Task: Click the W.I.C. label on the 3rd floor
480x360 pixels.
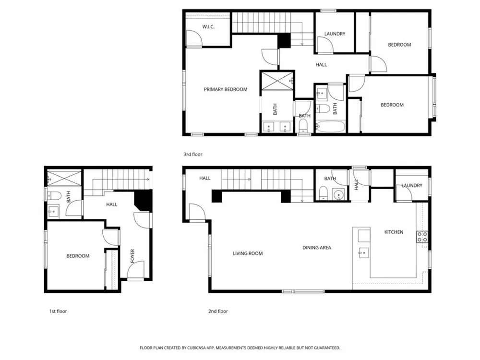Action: [208, 27]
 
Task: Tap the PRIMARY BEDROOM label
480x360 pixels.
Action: [226, 89]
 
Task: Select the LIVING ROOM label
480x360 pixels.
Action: [248, 253]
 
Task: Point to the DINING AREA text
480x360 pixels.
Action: [317, 248]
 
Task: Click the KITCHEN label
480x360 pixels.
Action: [394, 232]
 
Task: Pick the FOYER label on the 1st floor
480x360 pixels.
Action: [132, 256]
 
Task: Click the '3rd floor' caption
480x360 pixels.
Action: [193, 154]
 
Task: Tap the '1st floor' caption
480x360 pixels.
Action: [58, 311]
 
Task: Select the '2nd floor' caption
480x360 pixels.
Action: [218, 311]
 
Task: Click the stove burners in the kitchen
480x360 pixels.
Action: [422, 237]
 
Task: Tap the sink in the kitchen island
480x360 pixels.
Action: [363, 253]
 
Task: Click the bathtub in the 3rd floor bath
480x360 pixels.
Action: [330, 126]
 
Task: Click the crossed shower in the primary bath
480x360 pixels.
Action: [277, 81]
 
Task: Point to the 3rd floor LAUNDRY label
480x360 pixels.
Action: [335, 34]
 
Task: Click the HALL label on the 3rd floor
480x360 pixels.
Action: [321, 65]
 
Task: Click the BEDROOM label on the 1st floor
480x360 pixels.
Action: [78, 256]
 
